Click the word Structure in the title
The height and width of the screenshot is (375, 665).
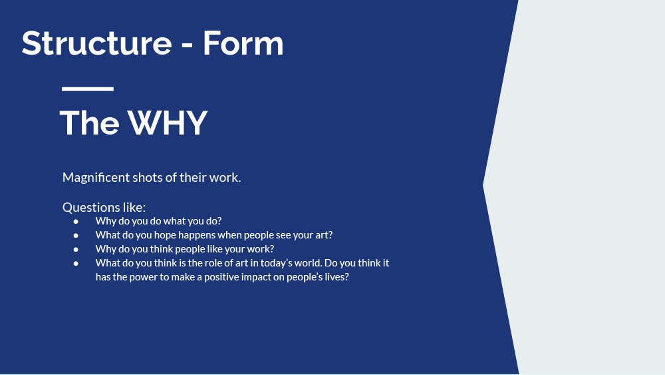(96, 43)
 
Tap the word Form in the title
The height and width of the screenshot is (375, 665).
(243, 43)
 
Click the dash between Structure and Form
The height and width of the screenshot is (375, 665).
(188, 46)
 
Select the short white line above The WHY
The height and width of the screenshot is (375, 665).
(88, 89)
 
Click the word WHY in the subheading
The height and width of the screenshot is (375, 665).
(168, 123)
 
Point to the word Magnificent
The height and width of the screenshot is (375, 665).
(96, 178)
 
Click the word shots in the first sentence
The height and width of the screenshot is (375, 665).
(147, 178)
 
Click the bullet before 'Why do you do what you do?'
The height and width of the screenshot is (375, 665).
(76, 221)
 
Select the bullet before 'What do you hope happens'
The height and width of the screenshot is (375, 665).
(76, 235)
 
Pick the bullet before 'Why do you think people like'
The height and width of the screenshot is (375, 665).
(76, 249)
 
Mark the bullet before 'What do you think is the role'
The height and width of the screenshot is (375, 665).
(76, 263)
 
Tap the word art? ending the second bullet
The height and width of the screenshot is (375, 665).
(324, 235)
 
